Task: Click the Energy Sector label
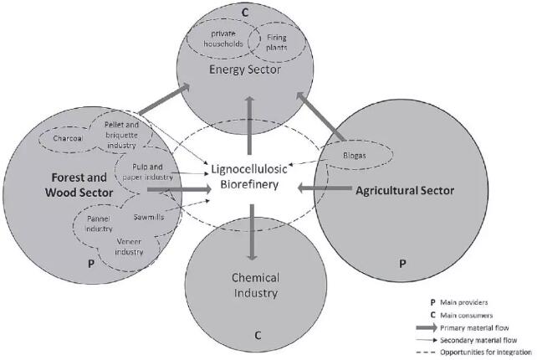(243, 69)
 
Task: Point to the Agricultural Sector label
(404, 191)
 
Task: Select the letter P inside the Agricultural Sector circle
(402, 262)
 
